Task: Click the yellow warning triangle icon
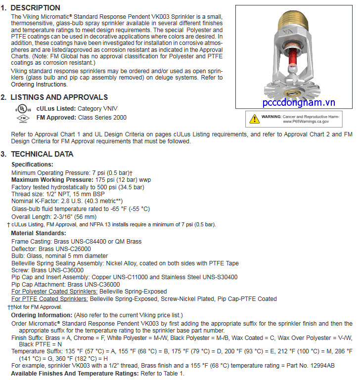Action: pyautogui.click(x=254, y=118)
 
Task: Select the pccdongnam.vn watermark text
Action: pyautogui.click(x=299, y=103)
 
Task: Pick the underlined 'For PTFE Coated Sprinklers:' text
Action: pyautogui.click(x=49, y=299)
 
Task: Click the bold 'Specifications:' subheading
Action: pyautogui.click(x=32, y=165)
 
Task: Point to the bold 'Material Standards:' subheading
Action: pyautogui.click(x=39, y=233)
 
